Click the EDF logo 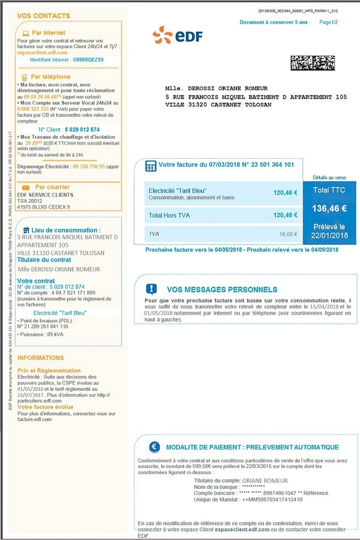point(178,36)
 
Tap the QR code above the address point(312,63)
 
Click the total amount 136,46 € point(329,209)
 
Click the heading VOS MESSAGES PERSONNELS point(222,290)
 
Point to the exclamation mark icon point(152,289)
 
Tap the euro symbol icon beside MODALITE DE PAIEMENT point(154,447)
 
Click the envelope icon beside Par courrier point(26,187)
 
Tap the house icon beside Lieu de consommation point(26,230)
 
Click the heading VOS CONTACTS point(43,16)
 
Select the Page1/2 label point(328,22)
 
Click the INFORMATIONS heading point(40,358)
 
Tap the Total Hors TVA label point(169,215)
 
